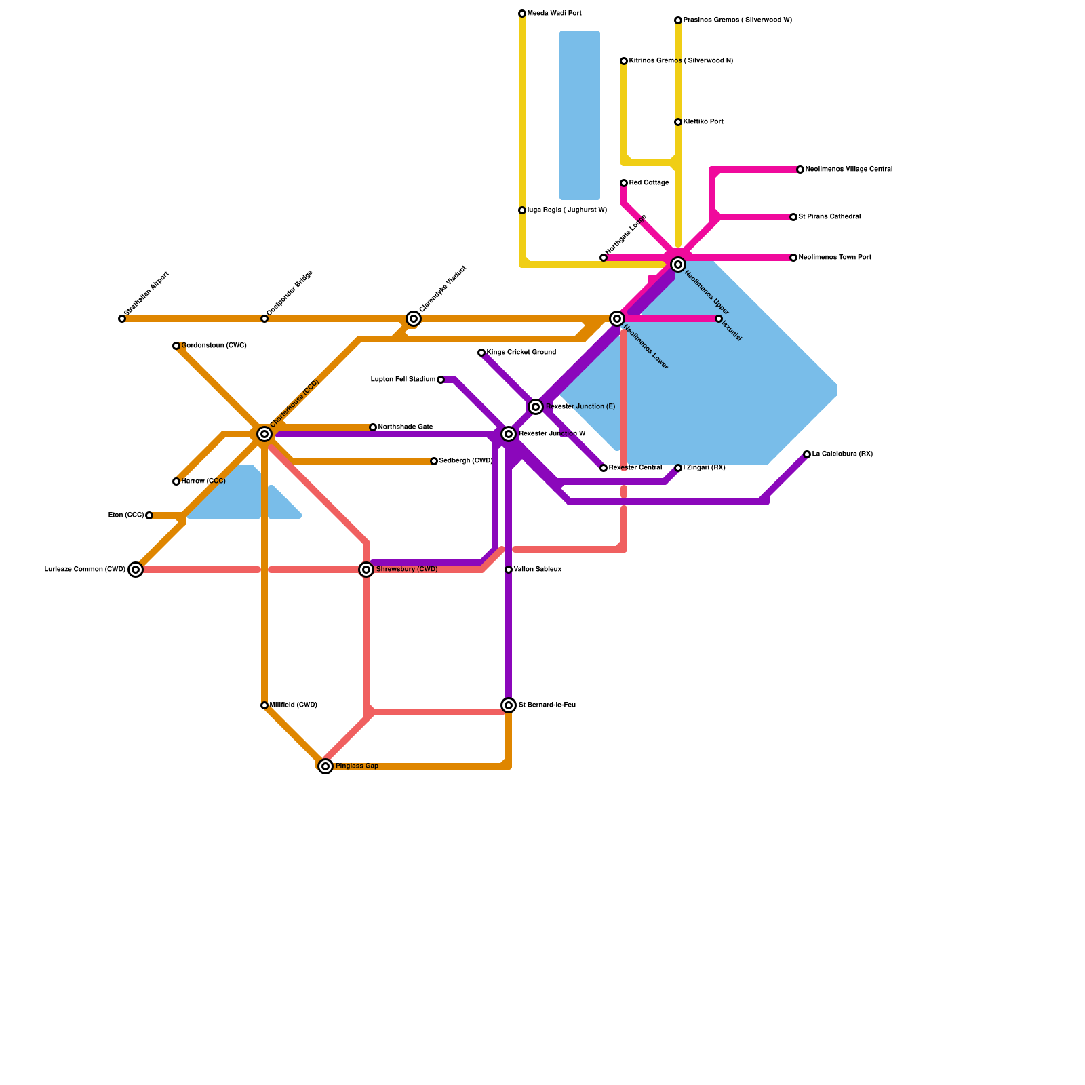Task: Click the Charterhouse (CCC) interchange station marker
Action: (x=264, y=434)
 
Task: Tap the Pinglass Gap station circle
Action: (x=325, y=766)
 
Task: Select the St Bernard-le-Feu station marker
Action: (x=509, y=705)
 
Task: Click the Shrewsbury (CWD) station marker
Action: (x=366, y=570)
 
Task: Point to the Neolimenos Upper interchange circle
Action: (x=678, y=264)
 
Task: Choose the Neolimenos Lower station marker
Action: (x=617, y=319)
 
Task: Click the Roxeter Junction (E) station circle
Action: (x=536, y=407)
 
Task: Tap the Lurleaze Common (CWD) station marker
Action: (x=136, y=570)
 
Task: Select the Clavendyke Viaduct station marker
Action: (x=414, y=319)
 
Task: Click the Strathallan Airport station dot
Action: (x=122, y=319)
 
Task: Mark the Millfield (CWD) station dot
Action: (x=264, y=705)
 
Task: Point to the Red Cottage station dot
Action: (x=624, y=183)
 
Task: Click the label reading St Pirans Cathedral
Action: (x=829, y=217)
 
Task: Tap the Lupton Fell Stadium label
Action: (x=403, y=380)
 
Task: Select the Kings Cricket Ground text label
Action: (x=521, y=353)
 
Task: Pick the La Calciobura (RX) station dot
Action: (x=807, y=454)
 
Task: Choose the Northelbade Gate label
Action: (x=406, y=427)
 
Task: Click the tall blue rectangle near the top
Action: (x=580, y=115)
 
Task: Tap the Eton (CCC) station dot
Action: (x=149, y=515)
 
